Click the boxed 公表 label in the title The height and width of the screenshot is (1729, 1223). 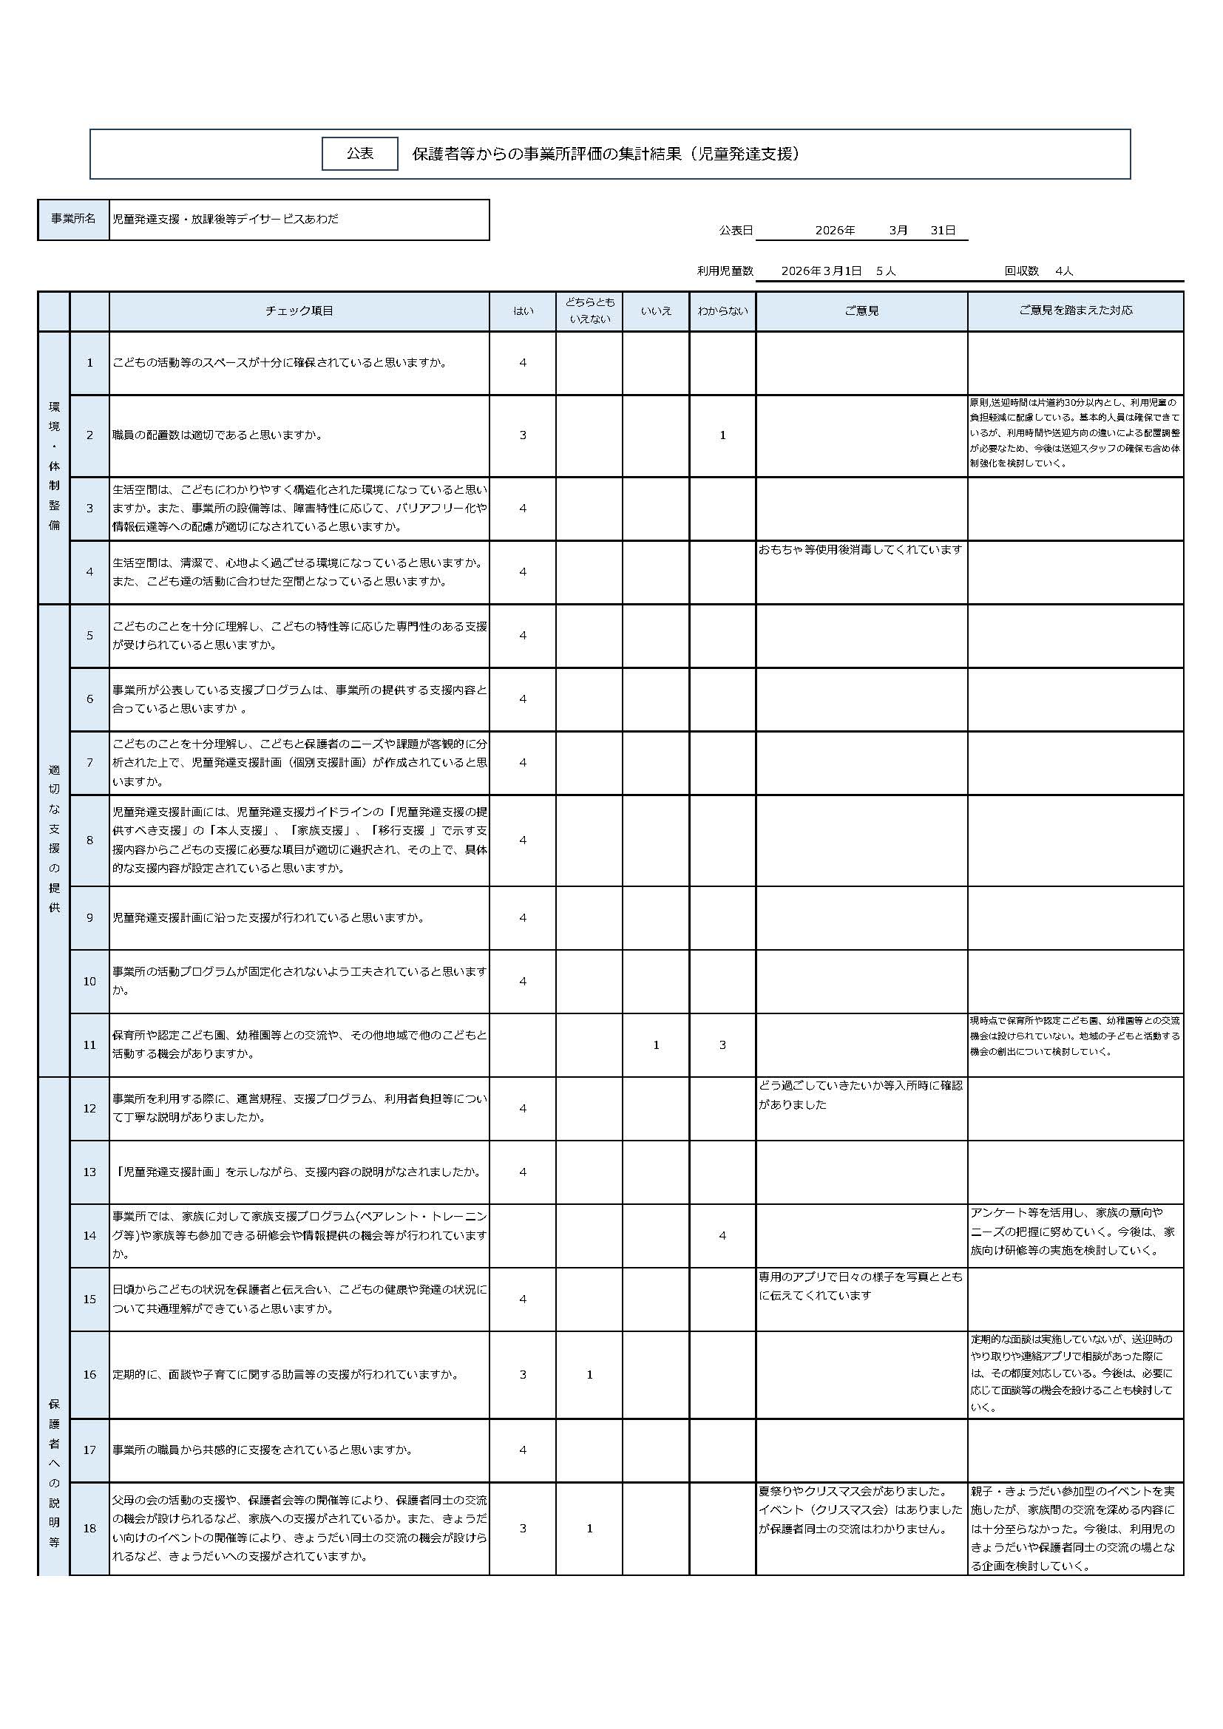pyautogui.click(x=359, y=154)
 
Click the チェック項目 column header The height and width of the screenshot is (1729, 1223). pyautogui.click(x=299, y=311)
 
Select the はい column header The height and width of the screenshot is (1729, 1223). pyautogui.click(x=523, y=311)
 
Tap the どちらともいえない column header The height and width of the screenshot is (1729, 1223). pyautogui.click(x=589, y=311)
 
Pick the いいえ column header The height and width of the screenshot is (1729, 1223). pyautogui.click(x=656, y=311)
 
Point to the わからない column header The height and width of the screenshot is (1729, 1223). pyautogui.click(x=722, y=311)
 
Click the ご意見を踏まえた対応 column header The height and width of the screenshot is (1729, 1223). pyautogui.click(x=1074, y=311)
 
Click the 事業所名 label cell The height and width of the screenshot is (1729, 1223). pyautogui.click(x=73, y=219)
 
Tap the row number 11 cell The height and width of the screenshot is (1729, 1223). pyautogui.click(x=89, y=1045)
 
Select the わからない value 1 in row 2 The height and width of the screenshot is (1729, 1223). pyautogui.click(x=722, y=435)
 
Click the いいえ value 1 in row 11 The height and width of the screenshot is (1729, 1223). pyautogui.click(x=656, y=1045)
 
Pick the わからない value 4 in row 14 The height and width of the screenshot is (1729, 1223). pyautogui.click(x=722, y=1236)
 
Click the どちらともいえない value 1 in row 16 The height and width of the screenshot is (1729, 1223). pyautogui.click(x=589, y=1375)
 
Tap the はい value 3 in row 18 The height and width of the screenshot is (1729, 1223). pyautogui.click(x=523, y=1529)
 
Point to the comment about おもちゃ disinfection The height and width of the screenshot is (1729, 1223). pyautogui.click(x=860, y=551)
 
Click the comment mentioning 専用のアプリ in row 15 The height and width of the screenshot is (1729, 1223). pyautogui.click(x=860, y=1286)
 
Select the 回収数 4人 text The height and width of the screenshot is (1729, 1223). pyautogui.click(x=1038, y=271)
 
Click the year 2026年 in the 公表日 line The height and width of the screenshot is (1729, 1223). pyautogui.click(x=835, y=231)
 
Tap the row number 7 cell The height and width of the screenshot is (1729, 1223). pyautogui.click(x=89, y=763)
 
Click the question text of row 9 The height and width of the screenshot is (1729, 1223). pyautogui.click(x=268, y=918)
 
